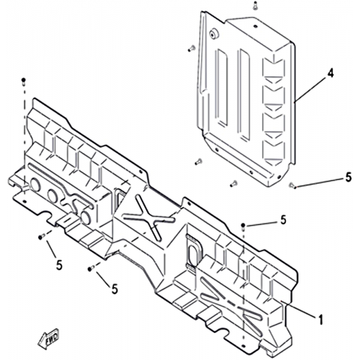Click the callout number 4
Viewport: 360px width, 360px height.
[330, 73]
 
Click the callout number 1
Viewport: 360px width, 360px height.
[320, 319]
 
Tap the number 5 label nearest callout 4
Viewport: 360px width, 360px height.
[348, 177]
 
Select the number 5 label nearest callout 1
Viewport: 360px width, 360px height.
[283, 220]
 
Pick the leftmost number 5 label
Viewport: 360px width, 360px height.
[59, 265]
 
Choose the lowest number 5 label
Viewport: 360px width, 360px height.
[115, 289]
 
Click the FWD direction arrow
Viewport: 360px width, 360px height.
[48, 339]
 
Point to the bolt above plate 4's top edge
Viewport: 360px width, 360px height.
[255, 5]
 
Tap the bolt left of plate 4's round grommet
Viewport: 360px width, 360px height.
[191, 49]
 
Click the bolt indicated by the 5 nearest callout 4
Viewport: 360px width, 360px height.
[292, 185]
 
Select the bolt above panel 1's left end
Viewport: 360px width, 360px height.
[24, 81]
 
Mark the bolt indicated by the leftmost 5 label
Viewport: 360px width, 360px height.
[42, 236]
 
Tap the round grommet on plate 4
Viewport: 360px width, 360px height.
[213, 34]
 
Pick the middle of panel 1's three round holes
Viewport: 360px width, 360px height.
[52, 196]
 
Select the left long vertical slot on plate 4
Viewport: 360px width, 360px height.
[222, 87]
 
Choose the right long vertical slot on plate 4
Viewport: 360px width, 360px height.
[244, 94]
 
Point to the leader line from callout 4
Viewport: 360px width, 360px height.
[310, 89]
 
